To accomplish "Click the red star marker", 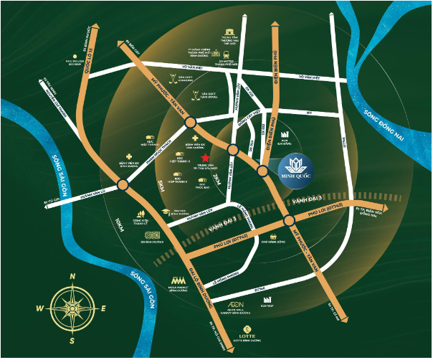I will pyautogui.click(x=205, y=156).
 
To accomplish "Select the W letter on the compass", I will pyautogui.click(x=40, y=308).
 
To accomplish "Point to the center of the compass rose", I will pyautogui.click(x=72, y=307).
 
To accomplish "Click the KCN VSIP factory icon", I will pyautogui.click(x=267, y=298).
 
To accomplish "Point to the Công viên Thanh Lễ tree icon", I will pyautogui.click(x=141, y=211).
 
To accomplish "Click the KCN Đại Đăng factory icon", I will pyautogui.click(x=285, y=134).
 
